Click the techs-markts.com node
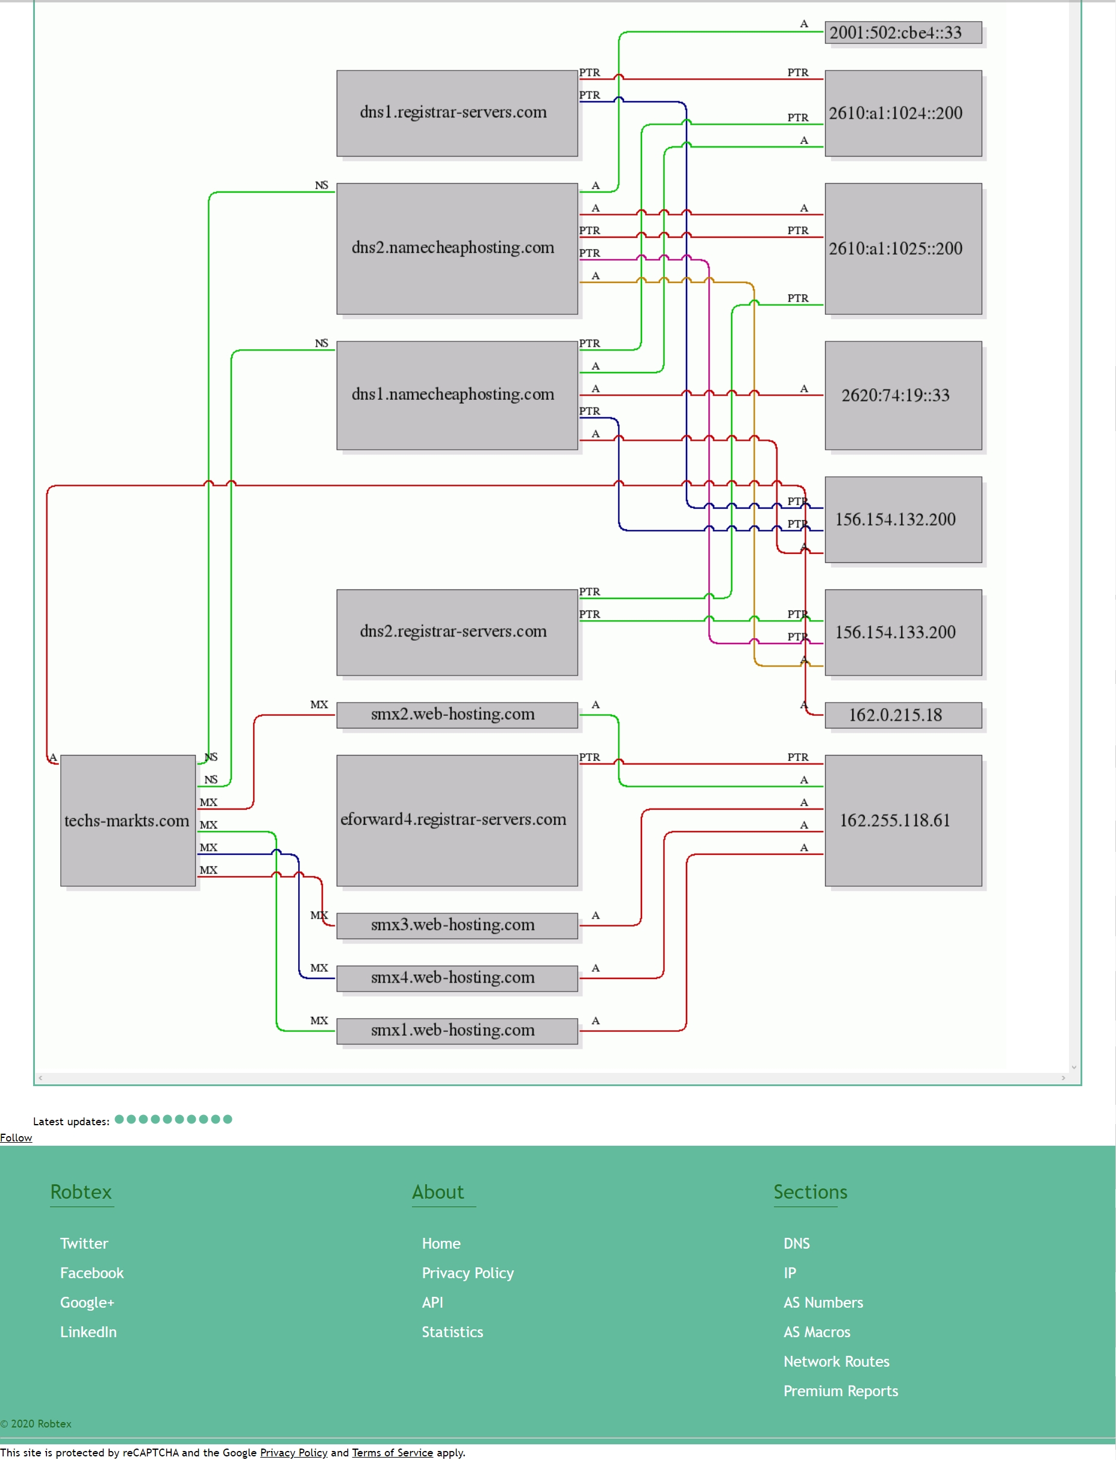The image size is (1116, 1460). point(128,820)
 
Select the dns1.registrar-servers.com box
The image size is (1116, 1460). point(457,113)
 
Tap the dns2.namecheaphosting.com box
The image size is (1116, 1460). point(457,248)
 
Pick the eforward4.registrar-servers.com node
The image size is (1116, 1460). point(457,820)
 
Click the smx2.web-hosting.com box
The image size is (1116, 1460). point(457,715)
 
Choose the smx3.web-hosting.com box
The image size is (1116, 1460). point(457,925)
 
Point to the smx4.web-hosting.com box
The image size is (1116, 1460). point(457,978)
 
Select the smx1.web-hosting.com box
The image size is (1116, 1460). point(457,1031)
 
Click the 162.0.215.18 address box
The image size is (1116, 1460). point(903,715)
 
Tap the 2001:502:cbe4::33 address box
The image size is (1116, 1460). point(903,33)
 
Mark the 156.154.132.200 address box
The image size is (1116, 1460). point(903,519)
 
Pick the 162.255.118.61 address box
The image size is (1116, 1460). point(903,820)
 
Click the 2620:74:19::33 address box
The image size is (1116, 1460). point(903,395)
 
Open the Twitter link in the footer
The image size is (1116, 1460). point(84,1243)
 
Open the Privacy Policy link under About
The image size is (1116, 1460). point(467,1273)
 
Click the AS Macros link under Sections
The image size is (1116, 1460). point(817,1332)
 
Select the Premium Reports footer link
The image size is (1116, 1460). point(840,1391)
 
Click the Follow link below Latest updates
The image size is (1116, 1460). point(16,1138)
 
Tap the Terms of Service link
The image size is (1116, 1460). point(392,1453)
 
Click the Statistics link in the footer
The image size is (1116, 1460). point(452,1332)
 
